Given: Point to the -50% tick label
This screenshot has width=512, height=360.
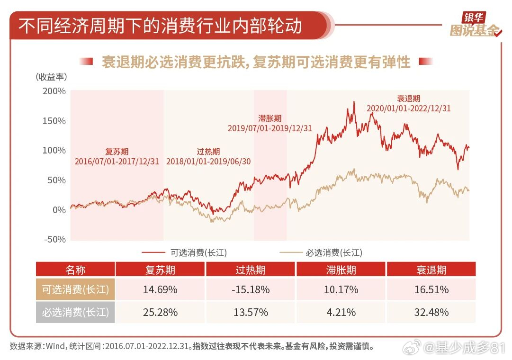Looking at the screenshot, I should (x=54, y=239).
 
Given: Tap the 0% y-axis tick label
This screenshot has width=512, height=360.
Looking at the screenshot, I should (x=59, y=210).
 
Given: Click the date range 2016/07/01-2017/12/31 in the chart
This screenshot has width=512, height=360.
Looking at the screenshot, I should (x=117, y=161).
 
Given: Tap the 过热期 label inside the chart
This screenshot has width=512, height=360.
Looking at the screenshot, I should (x=208, y=152).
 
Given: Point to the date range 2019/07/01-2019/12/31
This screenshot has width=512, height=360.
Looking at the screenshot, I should (x=269, y=128).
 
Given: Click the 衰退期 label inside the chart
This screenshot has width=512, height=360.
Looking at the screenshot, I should (x=408, y=99).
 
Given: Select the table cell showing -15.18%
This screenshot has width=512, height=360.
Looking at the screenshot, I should (x=251, y=289).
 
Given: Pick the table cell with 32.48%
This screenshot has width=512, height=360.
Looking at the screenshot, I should (x=431, y=313).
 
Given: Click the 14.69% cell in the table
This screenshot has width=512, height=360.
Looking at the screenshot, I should (x=160, y=289).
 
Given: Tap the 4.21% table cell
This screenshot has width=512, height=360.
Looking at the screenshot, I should (x=341, y=313).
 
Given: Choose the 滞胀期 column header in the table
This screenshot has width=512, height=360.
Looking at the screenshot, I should (x=341, y=270).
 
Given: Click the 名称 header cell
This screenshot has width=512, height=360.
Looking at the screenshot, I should (x=75, y=270).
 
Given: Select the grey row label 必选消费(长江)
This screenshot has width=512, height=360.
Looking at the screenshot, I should (x=75, y=313).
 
